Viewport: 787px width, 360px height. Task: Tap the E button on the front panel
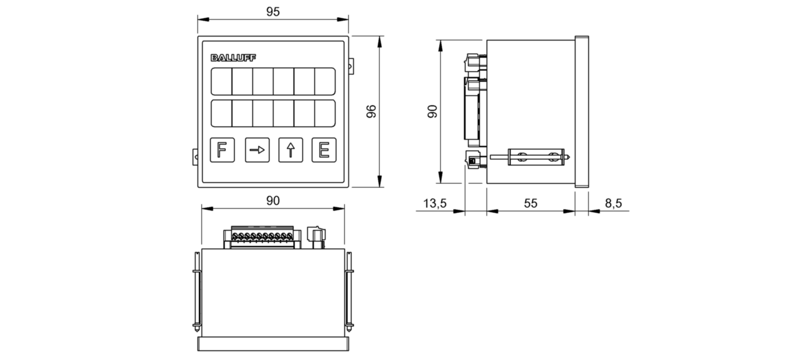coord(323,150)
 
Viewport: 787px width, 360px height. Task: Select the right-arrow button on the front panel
coord(257,150)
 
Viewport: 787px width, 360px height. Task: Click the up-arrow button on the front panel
coord(290,150)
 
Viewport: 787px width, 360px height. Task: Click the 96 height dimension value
coord(371,111)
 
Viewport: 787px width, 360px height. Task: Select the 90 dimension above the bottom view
coord(273,200)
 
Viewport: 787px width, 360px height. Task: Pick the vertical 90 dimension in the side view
coord(432,111)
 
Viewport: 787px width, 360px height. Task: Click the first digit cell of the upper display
coord(221,81)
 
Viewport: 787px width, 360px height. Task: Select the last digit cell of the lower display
coord(324,114)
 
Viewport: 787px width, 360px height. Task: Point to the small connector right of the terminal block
coord(314,237)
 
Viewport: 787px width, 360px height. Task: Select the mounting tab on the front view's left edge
coord(194,156)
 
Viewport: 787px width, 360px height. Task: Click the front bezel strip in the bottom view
coord(273,343)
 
